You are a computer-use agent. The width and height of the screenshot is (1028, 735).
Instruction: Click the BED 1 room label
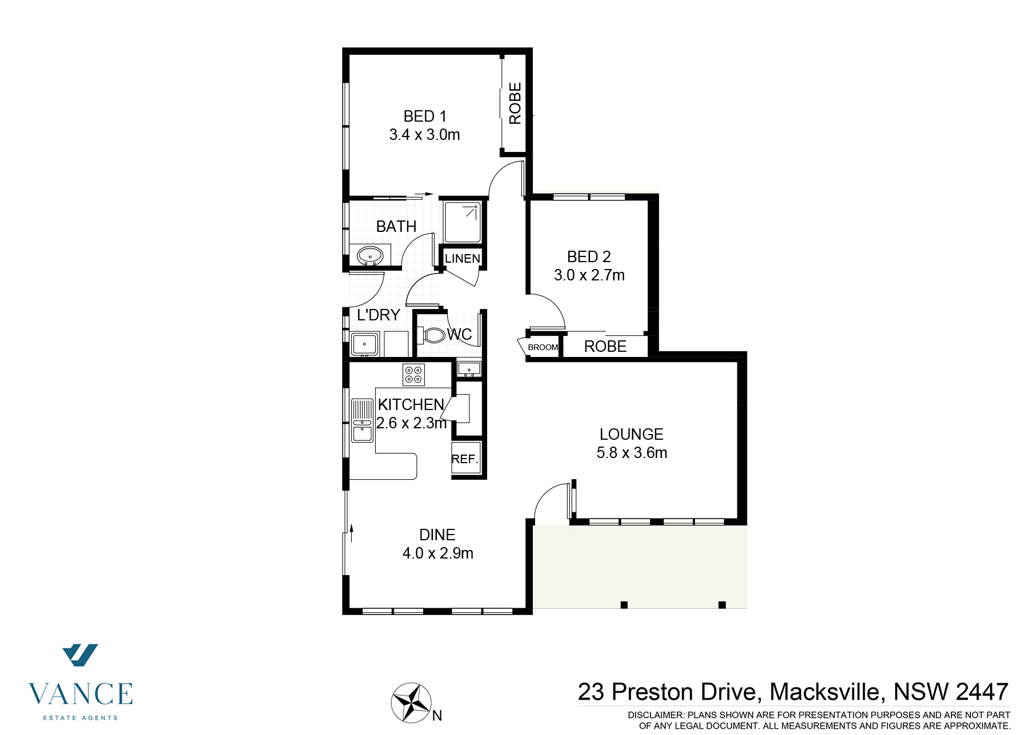click(424, 117)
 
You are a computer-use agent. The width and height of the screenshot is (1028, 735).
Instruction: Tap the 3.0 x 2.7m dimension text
click(589, 275)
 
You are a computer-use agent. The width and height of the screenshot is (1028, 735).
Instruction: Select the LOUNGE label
click(631, 434)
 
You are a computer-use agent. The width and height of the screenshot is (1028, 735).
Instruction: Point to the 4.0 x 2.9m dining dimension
click(437, 553)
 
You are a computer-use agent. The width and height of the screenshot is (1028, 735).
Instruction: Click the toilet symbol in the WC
click(433, 335)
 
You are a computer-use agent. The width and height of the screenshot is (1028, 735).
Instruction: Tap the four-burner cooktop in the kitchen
click(413, 375)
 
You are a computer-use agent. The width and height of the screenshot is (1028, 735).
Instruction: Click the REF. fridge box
click(465, 459)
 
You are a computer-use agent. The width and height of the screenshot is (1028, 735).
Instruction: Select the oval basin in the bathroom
click(370, 255)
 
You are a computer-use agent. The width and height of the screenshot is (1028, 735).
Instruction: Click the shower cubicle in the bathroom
click(463, 222)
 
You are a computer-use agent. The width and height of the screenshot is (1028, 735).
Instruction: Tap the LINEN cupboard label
click(462, 259)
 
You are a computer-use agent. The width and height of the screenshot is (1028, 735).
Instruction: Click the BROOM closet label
click(542, 347)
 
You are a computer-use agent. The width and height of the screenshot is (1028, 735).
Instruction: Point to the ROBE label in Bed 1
click(515, 103)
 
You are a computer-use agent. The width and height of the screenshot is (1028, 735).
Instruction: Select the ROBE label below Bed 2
click(605, 347)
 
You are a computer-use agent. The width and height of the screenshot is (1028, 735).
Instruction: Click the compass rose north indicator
click(411, 702)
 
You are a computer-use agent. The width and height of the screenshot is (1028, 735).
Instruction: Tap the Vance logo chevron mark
click(80, 655)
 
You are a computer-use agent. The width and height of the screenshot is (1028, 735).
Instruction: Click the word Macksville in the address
click(827, 692)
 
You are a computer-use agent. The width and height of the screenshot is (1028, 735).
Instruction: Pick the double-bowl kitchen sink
click(362, 421)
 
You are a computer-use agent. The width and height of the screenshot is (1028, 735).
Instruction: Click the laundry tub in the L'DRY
click(364, 344)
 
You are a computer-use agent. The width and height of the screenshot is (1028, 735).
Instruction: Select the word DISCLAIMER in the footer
click(655, 715)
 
